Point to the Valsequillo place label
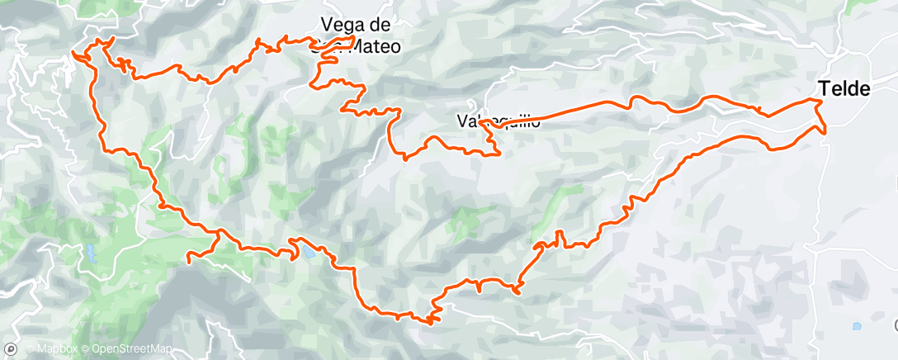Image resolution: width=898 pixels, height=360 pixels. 499,121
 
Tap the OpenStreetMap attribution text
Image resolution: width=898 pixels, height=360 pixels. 132,350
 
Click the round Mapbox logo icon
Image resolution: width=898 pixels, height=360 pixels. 9,349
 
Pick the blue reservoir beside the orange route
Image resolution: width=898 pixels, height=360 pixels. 307,251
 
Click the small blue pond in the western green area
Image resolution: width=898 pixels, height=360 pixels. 89,253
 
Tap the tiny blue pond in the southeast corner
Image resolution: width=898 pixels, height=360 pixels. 858,326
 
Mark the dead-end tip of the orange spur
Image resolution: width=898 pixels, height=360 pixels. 189,261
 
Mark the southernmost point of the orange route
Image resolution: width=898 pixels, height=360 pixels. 429,322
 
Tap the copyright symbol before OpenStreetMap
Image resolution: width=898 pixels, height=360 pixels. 87,350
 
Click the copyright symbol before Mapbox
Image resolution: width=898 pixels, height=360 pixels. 31,350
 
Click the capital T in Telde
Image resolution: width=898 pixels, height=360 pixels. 823,88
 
